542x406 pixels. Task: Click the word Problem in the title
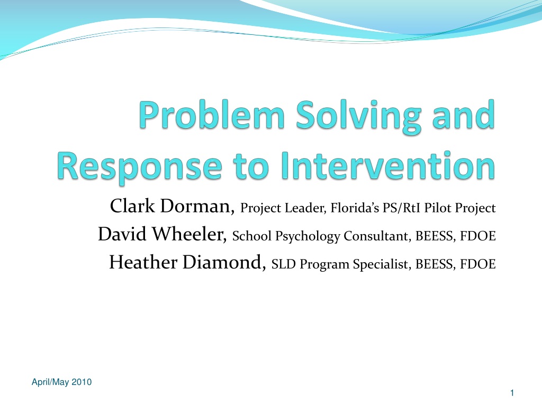(x=212, y=115)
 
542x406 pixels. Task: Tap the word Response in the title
(x=139, y=167)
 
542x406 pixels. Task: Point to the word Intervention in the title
(x=388, y=165)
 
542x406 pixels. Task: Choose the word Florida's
(x=355, y=208)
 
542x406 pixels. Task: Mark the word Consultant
(x=377, y=236)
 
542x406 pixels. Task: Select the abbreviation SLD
(x=284, y=264)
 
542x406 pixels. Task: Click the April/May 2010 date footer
(x=61, y=382)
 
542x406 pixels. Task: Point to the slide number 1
(x=512, y=393)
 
